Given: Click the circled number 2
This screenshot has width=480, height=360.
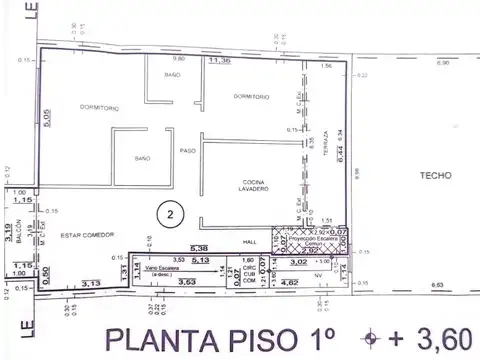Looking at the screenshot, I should point(171,213).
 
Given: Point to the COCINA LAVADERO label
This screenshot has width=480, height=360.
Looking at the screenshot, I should point(250,187).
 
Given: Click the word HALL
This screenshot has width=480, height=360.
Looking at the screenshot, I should point(250,241).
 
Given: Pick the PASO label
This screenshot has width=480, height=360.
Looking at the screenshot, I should point(186,150).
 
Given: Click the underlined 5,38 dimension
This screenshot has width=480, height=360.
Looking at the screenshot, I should point(198,248).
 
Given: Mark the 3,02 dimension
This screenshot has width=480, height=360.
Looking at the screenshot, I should point(298,262).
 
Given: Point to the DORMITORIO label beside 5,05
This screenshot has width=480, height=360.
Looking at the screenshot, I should point(100,106).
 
